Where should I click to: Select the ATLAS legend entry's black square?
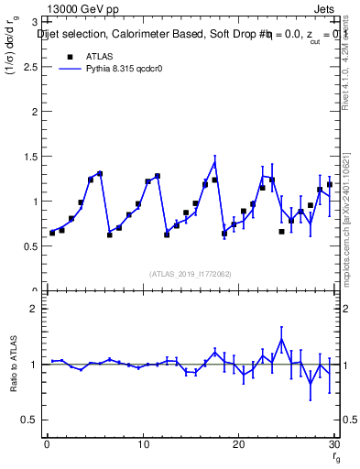70,57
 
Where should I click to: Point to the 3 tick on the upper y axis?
33,22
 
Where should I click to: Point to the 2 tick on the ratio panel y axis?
33,309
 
